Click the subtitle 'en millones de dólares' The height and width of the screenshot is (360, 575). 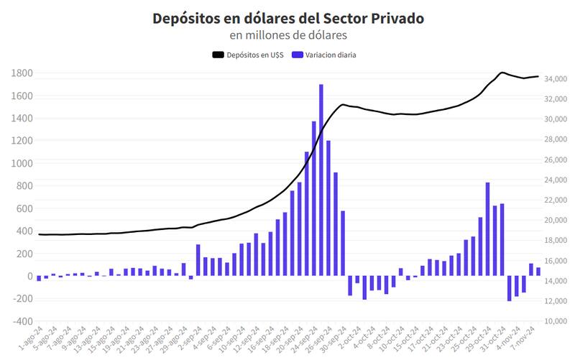(x=287, y=34)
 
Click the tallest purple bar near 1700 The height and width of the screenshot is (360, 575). (x=321, y=180)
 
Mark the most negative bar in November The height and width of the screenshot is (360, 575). (x=509, y=288)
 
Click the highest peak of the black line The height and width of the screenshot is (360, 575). (x=502, y=73)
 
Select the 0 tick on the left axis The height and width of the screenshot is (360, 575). (x=29, y=276)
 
